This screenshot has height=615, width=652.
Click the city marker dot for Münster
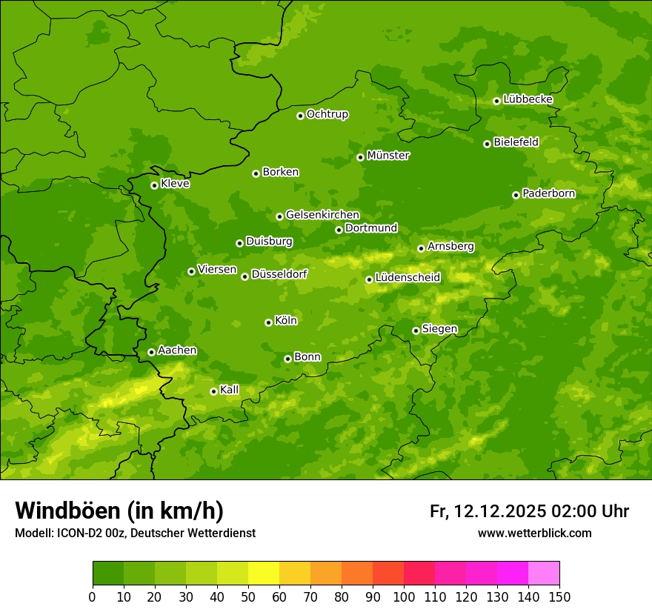[361, 157]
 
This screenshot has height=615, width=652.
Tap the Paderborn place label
[548, 193]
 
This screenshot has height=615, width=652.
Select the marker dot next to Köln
[268, 322]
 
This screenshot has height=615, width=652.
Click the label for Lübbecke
[528, 99]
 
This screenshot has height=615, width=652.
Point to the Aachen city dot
[151, 352]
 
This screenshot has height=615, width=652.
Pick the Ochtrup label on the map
[327, 114]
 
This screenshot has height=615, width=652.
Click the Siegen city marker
[416, 330]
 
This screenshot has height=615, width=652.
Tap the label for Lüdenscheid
[408, 278]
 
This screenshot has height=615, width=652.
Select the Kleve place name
[175, 183]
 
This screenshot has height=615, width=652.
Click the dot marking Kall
[213, 391]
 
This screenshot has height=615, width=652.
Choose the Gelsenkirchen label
[322, 215]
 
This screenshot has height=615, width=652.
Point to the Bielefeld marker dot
[487, 144]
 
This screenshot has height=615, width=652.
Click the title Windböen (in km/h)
[119, 511]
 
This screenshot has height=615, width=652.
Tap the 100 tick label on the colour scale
[404, 596]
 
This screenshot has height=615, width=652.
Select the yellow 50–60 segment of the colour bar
[264, 574]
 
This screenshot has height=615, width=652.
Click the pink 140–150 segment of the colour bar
[544, 574]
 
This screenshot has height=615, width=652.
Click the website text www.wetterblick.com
[534, 533]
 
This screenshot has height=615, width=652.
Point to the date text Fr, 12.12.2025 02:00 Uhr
[529, 511]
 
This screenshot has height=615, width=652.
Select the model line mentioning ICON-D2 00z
[135, 533]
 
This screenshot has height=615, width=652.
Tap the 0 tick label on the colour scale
[93, 596]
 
